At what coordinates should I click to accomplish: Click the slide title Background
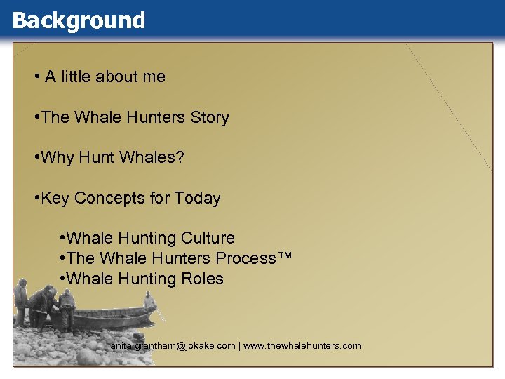pyautogui.click(x=79, y=20)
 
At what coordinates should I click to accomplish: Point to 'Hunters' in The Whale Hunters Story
pyautogui.click(x=158, y=118)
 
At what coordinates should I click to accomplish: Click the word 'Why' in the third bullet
pyautogui.click(x=57, y=158)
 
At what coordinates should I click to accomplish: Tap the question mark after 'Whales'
pyautogui.click(x=180, y=158)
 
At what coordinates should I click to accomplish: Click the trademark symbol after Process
pyautogui.click(x=285, y=257)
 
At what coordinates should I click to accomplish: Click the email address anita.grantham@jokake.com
pyautogui.click(x=173, y=346)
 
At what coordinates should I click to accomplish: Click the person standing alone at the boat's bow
pyautogui.click(x=149, y=302)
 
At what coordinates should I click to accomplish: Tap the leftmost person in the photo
pyautogui.click(x=21, y=299)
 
